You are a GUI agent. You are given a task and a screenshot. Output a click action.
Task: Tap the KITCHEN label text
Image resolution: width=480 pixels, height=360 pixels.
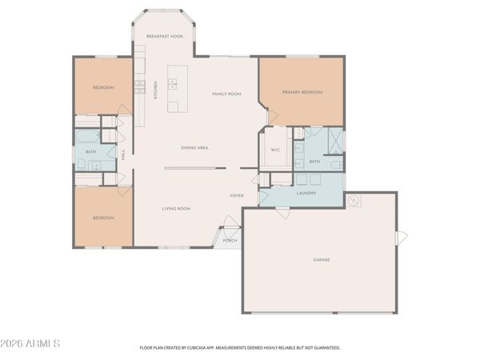155,93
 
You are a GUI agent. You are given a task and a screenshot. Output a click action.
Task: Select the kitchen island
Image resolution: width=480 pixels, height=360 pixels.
174,95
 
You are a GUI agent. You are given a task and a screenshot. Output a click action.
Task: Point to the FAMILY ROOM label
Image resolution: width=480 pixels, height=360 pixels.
226,94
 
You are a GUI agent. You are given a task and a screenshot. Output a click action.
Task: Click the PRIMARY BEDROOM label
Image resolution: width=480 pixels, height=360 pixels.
302,93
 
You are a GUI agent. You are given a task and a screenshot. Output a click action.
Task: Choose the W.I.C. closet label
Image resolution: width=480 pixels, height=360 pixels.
274,149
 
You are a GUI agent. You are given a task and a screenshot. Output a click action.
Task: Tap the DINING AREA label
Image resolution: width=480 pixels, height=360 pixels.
194,147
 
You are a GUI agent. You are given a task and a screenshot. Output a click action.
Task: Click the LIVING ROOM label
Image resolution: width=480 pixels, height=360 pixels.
176,208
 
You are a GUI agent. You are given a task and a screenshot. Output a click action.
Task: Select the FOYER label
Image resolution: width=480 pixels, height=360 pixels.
237,195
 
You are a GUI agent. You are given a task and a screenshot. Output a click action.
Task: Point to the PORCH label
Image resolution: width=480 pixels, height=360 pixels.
230,240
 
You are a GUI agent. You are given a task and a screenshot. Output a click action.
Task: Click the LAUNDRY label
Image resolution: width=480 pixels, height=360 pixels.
306,193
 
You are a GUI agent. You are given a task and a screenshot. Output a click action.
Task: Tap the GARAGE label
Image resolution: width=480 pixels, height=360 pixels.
321,259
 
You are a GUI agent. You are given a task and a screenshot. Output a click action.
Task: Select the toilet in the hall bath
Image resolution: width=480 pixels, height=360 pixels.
82,166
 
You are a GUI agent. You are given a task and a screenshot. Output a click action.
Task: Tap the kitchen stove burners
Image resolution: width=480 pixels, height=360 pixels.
140,86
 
